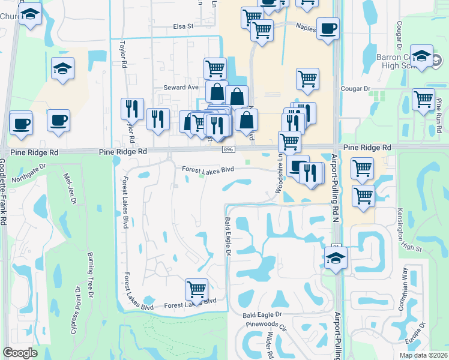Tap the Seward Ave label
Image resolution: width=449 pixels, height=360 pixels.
pyautogui.click(x=181, y=88)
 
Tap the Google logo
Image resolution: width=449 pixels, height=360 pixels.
pyautogui.click(x=20, y=353)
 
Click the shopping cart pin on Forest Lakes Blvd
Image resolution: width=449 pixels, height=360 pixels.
pyautogui.click(x=196, y=289)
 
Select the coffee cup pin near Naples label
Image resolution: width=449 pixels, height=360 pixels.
pyautogui.click(x=328, y=29)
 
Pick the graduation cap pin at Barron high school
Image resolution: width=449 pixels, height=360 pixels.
pyautogui.click(x=422, y=56)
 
